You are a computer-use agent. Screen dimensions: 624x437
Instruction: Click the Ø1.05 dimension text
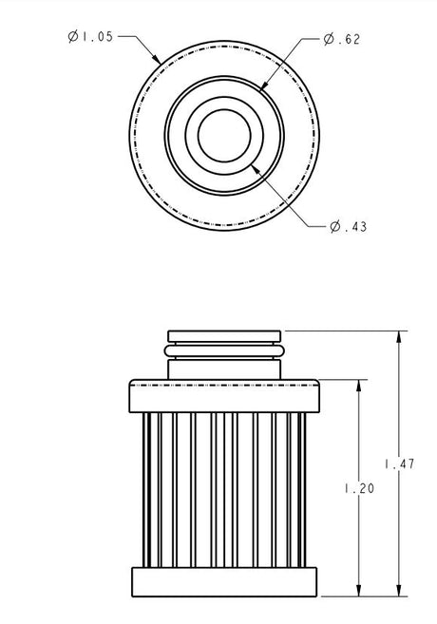coord(90,36)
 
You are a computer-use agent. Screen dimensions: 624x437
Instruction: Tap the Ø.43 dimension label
coord(349,226)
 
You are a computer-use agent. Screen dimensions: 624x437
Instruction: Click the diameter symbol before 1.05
coord(73,36)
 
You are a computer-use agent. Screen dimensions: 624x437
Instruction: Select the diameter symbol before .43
coord(334,226)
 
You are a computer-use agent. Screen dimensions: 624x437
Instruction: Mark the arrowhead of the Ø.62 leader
coord(261,89)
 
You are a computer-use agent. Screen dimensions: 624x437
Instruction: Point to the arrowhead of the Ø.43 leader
coord(251,163)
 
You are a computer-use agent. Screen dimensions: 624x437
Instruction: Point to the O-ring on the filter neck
coord(225,350)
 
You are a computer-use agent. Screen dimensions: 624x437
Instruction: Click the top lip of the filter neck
coord(225,335)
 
